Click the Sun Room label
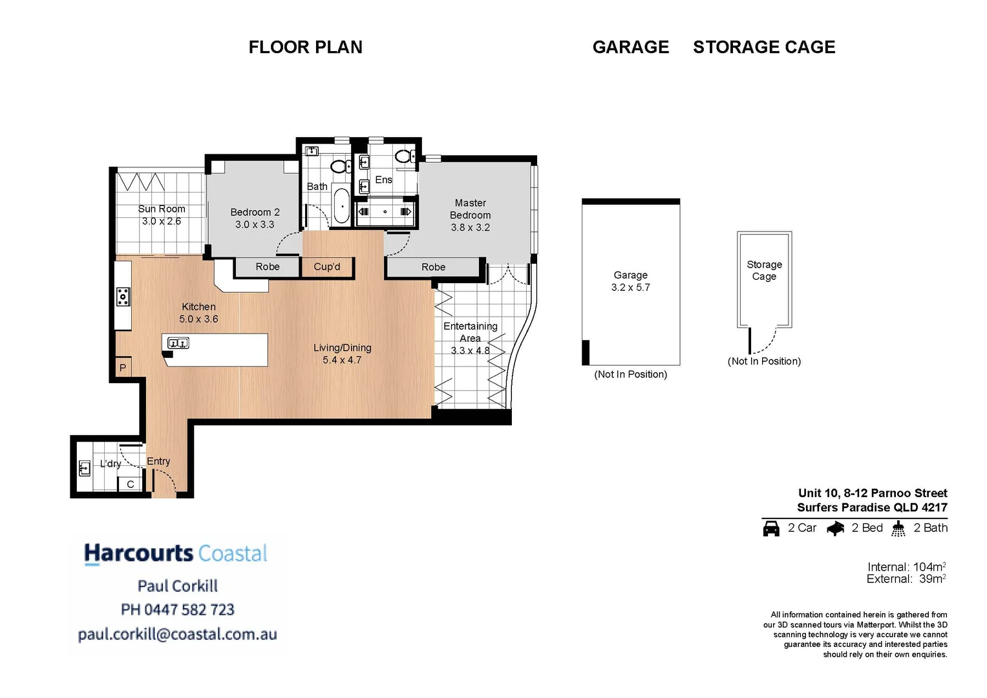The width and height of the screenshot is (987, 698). click(x=162, y=209)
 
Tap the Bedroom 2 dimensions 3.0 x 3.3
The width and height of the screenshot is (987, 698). click(x=255, y=224)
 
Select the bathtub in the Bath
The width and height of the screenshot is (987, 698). click(x=341, y=206)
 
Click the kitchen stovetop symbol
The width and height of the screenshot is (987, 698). click(x=123, y=297)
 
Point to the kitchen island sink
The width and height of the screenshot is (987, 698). click(x=178, y=343)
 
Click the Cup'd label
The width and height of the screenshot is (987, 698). click(x=326, y=266)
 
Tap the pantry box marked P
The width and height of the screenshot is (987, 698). click(x=123, y=367)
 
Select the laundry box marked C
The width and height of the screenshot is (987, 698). click(x=130, y=484)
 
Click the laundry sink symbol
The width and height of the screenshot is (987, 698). click(x=84, y=467)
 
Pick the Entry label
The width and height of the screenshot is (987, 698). click(x=158, y=461)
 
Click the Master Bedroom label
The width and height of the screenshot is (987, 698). click(x=470, y=209)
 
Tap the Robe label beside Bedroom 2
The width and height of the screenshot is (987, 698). click(x=267, y=266)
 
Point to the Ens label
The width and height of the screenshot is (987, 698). click(x=383, y=180)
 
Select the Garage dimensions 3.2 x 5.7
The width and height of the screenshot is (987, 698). click(x=630, y=287)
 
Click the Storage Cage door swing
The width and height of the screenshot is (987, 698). click(x=765, y=341)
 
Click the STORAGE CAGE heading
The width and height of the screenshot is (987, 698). click(x=764, y=47)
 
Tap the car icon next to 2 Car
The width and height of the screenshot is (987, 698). click(x=771, y=528)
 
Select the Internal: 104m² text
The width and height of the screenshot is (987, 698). click(x=906, y=567)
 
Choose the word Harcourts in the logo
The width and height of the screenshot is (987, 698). click(x=139, y=553)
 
